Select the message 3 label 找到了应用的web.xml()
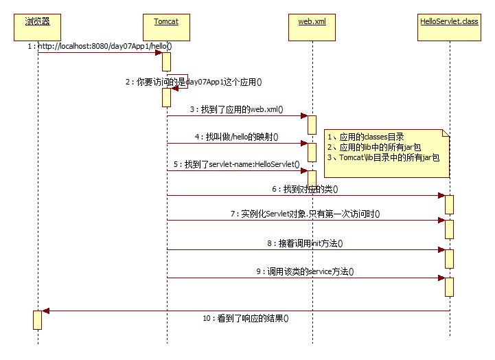coord(237,109)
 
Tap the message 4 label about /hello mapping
coord(236,136)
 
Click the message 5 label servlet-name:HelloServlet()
coord(237,164)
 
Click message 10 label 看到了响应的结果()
coord(245,318)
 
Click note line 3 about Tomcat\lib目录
coord(384,157)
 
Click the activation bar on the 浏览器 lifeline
coord(37,319)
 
